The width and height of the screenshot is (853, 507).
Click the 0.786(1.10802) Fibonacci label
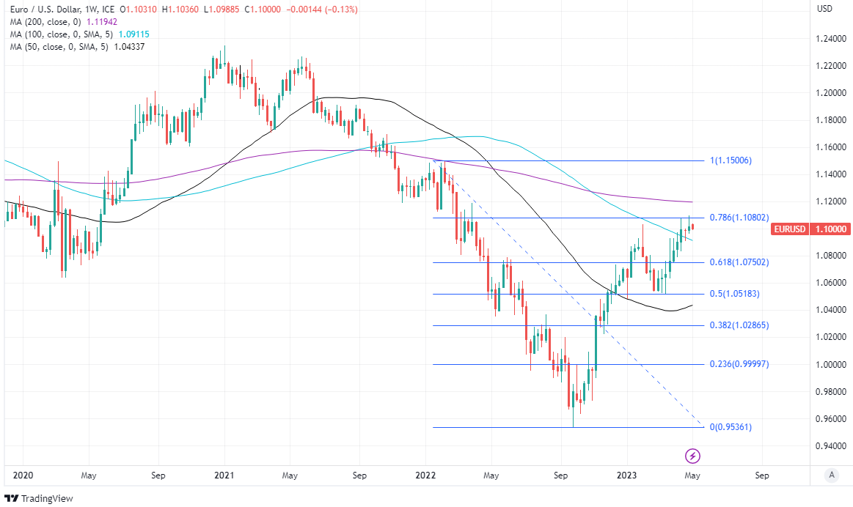739,218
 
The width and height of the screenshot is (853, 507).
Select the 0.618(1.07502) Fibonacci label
739,262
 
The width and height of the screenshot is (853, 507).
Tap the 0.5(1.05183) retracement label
736,294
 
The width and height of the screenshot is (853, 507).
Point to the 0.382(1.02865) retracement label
739,325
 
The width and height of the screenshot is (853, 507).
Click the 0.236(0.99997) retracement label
739,364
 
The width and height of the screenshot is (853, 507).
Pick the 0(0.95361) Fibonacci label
731,427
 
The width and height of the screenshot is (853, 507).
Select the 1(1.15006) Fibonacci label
731,160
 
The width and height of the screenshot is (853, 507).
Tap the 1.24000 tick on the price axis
832,39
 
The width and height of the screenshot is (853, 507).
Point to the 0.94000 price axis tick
832,445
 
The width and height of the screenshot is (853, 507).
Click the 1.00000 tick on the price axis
832,364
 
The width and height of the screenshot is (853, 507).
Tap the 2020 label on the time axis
23,475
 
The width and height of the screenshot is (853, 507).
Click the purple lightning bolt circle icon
692,456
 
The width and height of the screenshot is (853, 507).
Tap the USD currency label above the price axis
824,9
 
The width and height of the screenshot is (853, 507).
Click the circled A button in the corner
831,475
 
